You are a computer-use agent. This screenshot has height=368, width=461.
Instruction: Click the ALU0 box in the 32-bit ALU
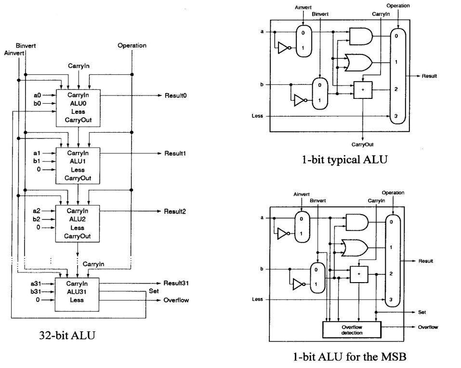click(x=78, y=108)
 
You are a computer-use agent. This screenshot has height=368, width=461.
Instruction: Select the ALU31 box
click(x=78, y=294)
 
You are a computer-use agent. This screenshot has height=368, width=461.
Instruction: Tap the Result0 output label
click(x=175, y=95)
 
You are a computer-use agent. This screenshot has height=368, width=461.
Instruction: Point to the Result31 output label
click(x=175, y=283)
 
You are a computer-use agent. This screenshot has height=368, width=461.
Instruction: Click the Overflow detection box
click(x=351, y=329)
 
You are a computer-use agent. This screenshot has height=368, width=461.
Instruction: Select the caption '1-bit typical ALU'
click(x=342, y=160)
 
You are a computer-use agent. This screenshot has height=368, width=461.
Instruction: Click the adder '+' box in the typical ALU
click(x=362, y=90)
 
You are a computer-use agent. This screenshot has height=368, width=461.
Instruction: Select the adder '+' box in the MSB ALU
click(x=357, y=274)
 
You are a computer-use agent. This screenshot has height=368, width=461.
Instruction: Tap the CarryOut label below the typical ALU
click(x=362, y=144)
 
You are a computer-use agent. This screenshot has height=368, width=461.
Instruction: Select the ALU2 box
click(x=78, y=223)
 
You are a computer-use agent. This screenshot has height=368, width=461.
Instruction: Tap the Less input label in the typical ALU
click(x=257, y=116)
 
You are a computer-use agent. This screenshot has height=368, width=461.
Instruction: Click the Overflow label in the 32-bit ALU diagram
click(x=176, y=300)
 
